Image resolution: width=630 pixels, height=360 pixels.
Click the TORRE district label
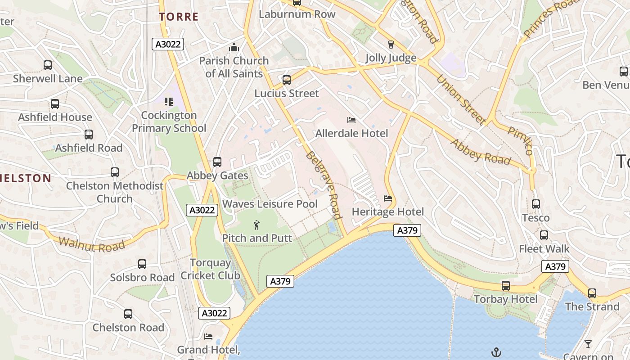point(179,17)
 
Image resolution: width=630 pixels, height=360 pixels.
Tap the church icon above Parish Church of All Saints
point(234,47)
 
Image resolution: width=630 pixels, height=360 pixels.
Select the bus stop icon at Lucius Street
point(287,80)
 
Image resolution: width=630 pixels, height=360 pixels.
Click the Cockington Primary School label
point(169,122)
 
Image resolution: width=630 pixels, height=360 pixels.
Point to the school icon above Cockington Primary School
point(169,102)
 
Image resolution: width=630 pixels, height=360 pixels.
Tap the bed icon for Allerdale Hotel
point(351,120)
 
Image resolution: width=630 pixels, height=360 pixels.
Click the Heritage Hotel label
point(387,211)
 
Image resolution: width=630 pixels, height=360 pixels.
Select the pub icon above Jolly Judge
point(391,45)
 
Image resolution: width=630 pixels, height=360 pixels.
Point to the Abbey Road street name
point(481,152)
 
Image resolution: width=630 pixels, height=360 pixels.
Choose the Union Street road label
point(461,99)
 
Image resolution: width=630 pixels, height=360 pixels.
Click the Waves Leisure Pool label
point(270,204)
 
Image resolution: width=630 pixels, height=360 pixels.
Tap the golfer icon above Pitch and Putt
point(256,225)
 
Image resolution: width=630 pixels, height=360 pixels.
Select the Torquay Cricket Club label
point(210,269)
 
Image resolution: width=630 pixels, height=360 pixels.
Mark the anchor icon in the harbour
point(496,351)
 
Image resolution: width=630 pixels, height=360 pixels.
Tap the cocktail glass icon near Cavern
point(588,344)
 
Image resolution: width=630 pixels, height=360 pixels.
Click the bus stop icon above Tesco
point(535,204)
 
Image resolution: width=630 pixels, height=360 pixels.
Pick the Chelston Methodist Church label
point(115,192)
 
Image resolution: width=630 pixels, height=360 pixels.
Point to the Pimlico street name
point(521,140)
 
